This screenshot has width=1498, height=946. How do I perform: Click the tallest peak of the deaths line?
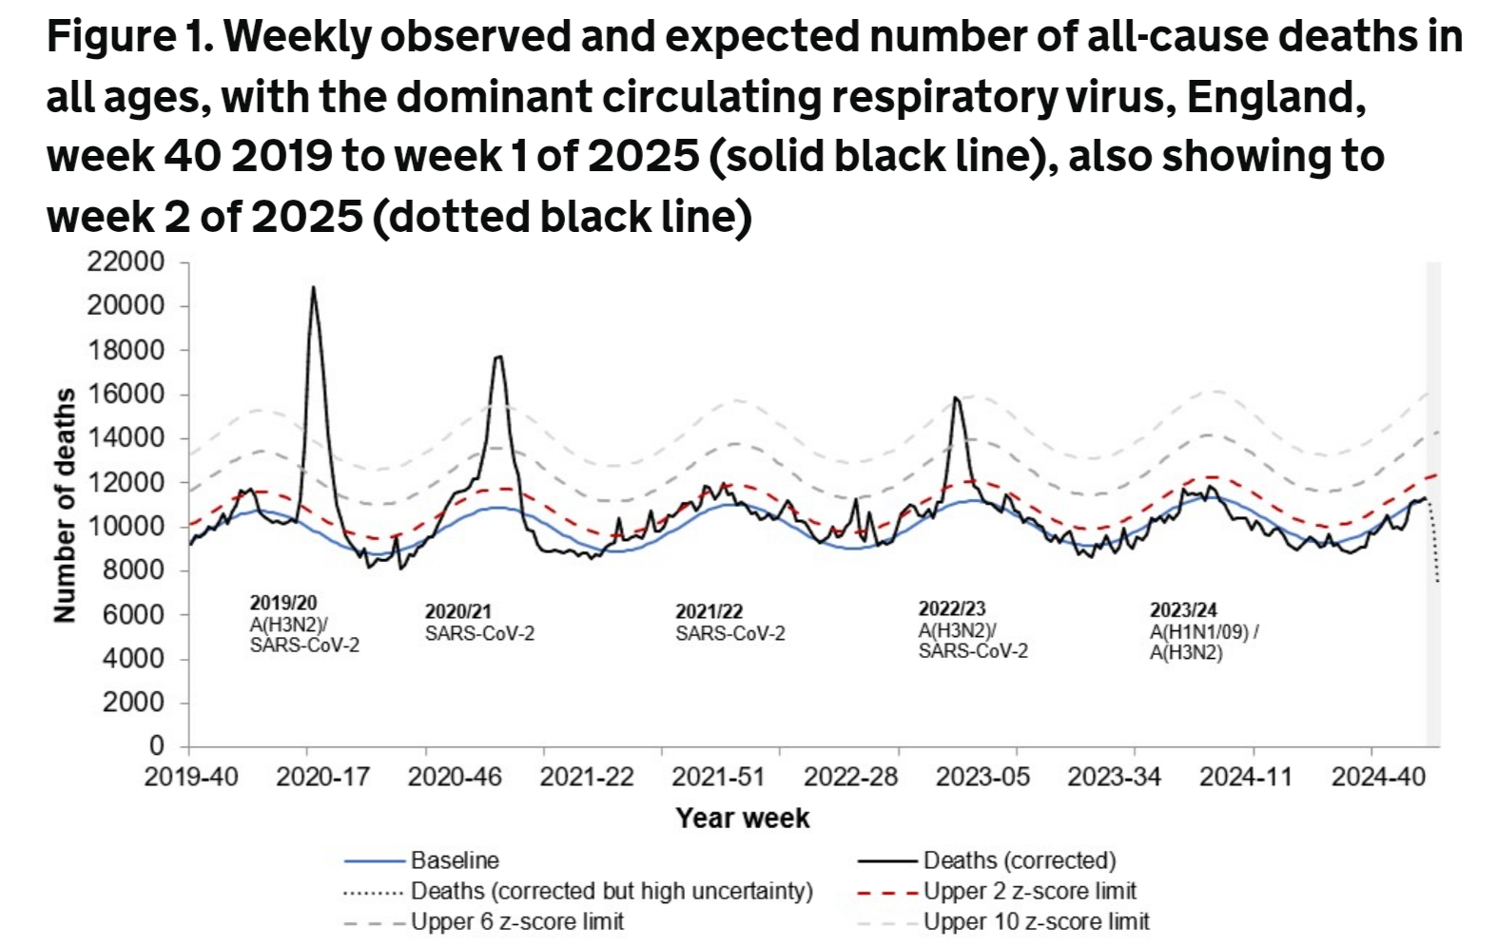313,288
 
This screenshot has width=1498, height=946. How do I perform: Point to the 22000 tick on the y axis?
126,261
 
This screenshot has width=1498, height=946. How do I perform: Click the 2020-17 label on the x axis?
322,777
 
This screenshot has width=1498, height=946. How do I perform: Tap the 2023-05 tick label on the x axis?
982,777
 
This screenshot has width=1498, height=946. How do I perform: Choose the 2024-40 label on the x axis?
1378,777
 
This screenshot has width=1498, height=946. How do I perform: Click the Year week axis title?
742,819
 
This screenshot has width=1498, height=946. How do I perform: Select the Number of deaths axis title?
65,505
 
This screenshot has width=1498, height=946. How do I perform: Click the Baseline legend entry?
455,860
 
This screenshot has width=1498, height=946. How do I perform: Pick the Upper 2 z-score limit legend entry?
1029,892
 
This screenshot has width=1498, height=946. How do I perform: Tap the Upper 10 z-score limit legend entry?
1036,922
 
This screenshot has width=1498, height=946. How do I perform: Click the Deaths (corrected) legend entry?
1019,860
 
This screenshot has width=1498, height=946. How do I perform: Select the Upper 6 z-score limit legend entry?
516,922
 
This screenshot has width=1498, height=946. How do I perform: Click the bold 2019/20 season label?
283,603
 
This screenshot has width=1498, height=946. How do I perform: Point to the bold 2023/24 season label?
1183,610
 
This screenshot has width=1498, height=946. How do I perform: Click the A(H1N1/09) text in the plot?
1199,632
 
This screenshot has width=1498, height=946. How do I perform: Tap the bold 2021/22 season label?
709,611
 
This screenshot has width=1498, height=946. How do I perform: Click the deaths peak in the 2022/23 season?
955,398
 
